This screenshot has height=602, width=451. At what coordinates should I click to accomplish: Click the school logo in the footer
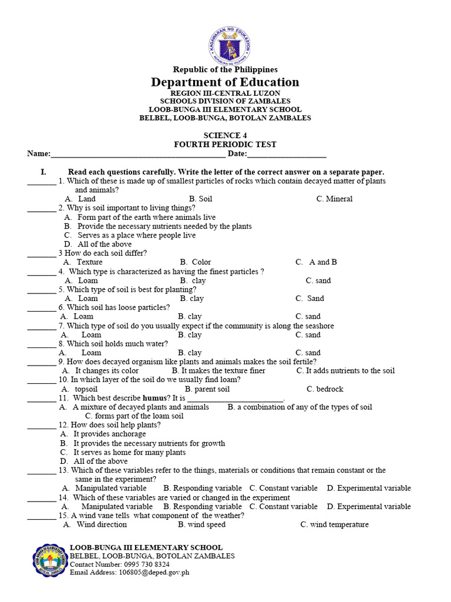point(49,561)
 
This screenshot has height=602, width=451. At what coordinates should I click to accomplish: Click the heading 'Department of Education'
point(225,82)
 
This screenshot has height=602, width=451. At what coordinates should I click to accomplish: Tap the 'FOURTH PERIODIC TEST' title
point(225,145)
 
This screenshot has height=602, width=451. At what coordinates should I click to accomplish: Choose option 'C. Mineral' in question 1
point(334,199)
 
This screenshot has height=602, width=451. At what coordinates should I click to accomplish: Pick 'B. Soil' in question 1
point(200,199)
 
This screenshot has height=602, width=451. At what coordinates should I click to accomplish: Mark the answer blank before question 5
point(41,290)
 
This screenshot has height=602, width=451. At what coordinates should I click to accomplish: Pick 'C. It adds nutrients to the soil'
point(346,371)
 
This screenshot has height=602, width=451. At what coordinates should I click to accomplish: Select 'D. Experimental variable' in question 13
point(369,488)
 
